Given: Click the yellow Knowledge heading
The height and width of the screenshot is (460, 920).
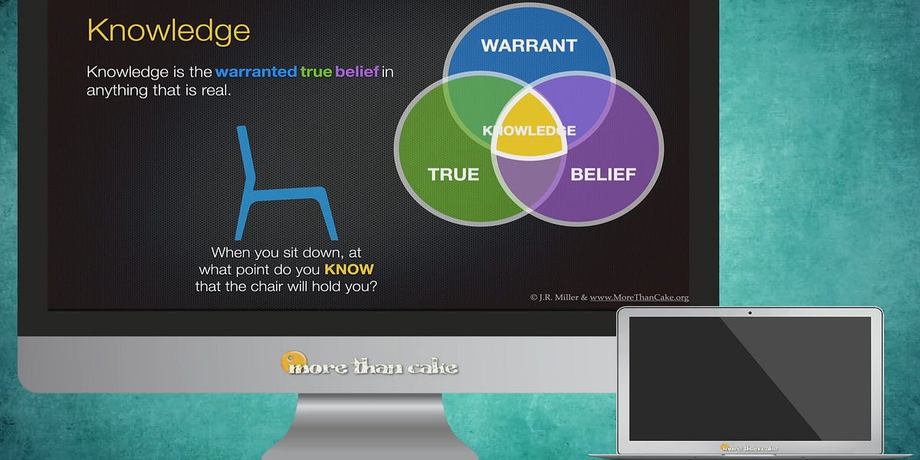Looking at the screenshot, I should coord(168,31).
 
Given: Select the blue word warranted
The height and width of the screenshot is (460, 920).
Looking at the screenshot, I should coord(255,72).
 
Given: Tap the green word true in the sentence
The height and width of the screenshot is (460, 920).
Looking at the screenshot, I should coord(316,72).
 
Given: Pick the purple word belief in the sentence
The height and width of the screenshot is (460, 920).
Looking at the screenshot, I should coord(357,72).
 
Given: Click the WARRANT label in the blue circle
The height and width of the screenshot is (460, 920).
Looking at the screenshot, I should coord(528,45).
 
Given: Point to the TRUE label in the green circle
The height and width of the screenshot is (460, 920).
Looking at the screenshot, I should coord(453,174).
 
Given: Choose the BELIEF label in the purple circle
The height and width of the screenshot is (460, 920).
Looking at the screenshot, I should coord(603,174).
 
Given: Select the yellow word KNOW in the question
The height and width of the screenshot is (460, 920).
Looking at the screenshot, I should coord(349,270).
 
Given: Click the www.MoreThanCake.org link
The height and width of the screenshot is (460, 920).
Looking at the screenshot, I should coord(639,297).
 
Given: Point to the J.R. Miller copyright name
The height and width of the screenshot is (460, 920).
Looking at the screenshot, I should coord(554,297).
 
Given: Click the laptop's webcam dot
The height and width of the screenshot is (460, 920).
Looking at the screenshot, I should coord(750,312).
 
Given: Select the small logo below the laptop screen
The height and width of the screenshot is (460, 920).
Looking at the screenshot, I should coord(749,446).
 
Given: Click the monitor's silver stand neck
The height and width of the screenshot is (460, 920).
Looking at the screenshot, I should coord(370,426).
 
